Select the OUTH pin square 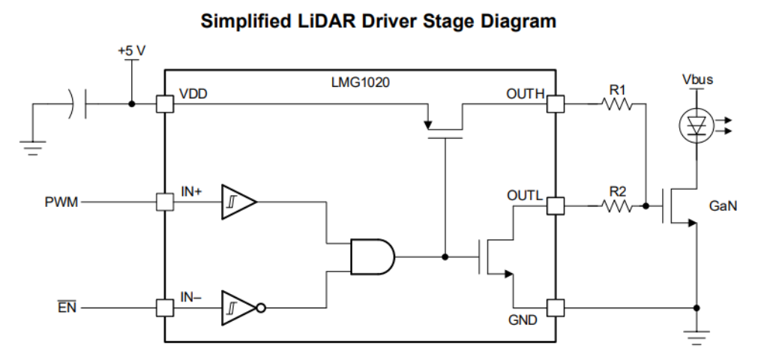click(556, 104)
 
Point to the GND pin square click(556, 307)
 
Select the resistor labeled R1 click(617, 105)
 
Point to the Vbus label click(697, 79)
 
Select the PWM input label click(61, 202)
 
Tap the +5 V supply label click(131, 50)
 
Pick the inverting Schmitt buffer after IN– click(239, 307)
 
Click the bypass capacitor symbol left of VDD click(79, 104)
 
